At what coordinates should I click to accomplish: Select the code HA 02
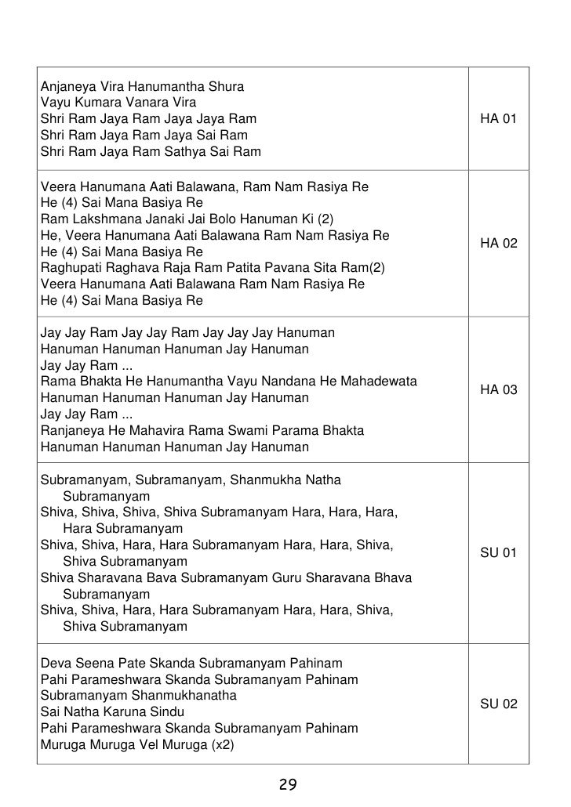(x=499, y=244)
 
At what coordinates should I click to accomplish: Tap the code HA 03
(x=499, y=389)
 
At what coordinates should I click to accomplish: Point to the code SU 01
(x=499, y=553)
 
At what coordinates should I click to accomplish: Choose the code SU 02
(x=499, y=704)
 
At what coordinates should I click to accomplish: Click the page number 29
(x=287, y=785)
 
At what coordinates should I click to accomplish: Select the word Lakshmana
(x=99, y=218)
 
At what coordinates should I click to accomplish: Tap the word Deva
(x=55, y=663)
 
